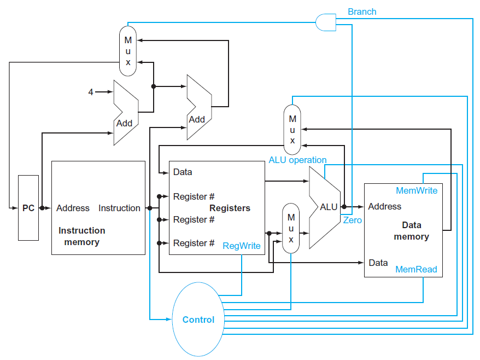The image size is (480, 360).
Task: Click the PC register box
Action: pyautogui.click(x=28, y=208)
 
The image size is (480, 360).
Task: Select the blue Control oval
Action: pyautogui.click(x=198, y=320)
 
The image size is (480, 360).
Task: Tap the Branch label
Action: pyautogui.click(x=362, y=11)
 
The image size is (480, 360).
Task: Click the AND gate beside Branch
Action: pyautogui.click(x=325, y=22)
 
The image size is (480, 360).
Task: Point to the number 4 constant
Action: pyautogui.click(x=91, y=92)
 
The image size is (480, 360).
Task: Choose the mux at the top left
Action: pyautogui.click(x=128, y=51)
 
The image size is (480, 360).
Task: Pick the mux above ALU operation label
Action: pyautogui.click(x=292, y=129)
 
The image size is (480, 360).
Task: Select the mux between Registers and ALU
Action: pyautogui.click(x=291, y=228)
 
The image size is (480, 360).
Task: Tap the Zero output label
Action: pyautogui.click(x=352, y=220)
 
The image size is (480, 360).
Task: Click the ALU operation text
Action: pyautogui.click(x=297, y=160)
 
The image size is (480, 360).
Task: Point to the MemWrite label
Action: pyautogui.click(x=417, y=190)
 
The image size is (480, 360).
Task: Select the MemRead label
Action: pyautogui.click(x=416, y=269)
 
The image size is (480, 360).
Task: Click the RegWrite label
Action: pyautogui.click(x=242, y=246)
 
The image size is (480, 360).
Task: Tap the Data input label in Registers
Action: pyautogui.click(x=183, y=172)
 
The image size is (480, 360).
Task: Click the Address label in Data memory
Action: pyautogui.click(x=385, y=206)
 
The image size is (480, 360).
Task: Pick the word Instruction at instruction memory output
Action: pyautogui.click(x=119, y=208)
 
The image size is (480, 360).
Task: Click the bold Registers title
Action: pyautogui.click(x=230, y=208)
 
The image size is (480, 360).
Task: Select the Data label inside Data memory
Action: pyautogui.click(x=378, y=263)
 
